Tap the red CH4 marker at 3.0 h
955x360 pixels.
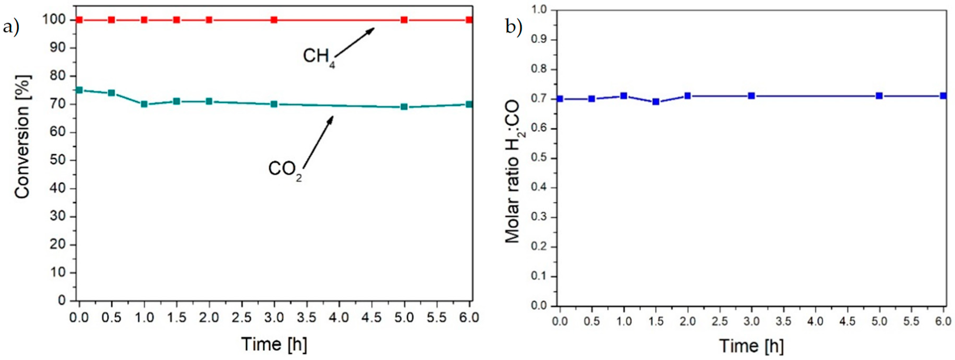274,20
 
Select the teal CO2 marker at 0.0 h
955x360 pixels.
79,90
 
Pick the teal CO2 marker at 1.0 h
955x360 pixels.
144,104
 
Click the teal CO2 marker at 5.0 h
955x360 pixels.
404,107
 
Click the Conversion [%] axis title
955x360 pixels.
23,137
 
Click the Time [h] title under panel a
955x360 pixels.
274,344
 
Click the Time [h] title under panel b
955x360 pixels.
752,346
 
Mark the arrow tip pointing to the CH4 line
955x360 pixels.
374,28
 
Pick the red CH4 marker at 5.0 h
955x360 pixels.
404,20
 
